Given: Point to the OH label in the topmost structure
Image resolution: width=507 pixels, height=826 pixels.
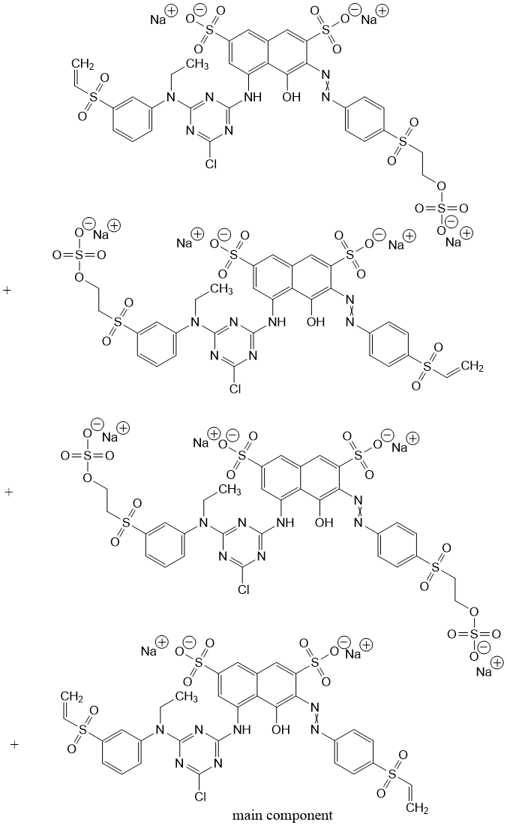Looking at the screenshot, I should pyautogui.click(x=291, y=98).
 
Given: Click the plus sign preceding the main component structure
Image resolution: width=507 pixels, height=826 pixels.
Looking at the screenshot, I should pyautogui.click(x=13, y=744).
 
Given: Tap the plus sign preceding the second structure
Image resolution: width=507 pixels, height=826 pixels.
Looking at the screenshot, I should pyautogui.click(x=8, y=290).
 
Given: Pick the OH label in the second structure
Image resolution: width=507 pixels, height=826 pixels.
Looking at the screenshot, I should pyautogui.click(x=314, y=323).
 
